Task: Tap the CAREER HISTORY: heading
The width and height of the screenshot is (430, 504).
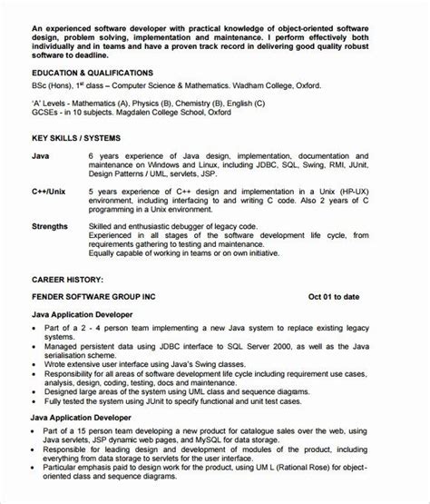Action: (67, 279)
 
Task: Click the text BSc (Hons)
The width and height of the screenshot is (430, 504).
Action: (54, 86)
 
